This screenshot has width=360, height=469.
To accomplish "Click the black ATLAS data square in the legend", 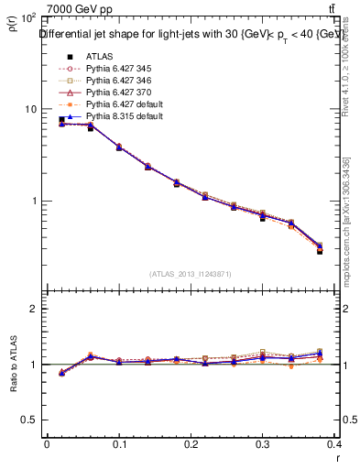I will point(63,54).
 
